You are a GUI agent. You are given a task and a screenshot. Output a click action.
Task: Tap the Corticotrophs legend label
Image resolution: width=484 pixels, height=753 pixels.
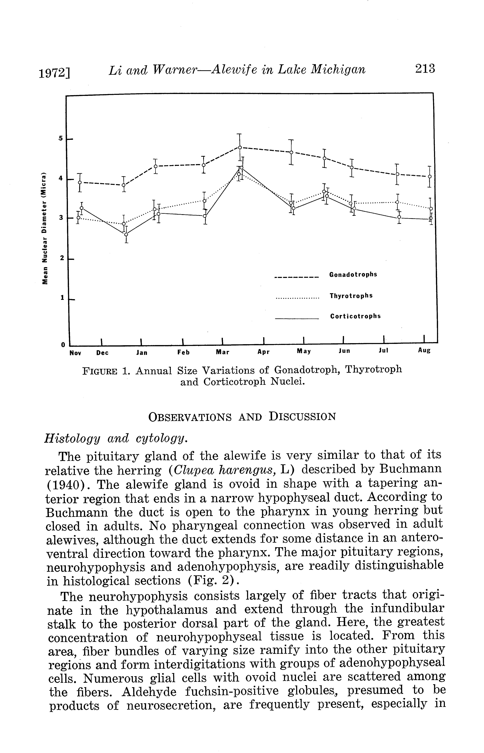(x=355, y=316)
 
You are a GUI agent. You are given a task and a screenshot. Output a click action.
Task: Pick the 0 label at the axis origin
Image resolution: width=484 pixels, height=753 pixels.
(x=63, y=345)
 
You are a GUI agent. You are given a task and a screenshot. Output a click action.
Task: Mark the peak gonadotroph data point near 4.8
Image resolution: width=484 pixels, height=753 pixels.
(x=239, y=147)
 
